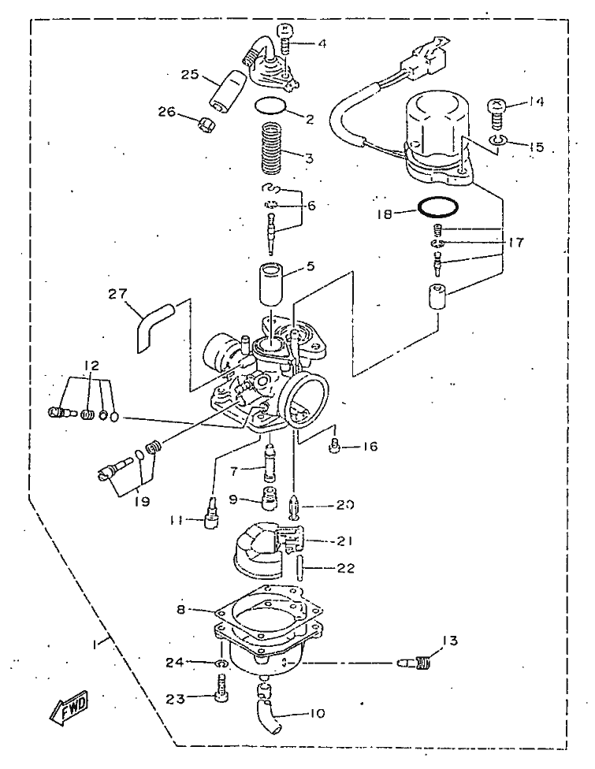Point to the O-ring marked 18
438,208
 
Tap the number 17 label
515,243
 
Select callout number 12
91,366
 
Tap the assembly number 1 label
96,644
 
